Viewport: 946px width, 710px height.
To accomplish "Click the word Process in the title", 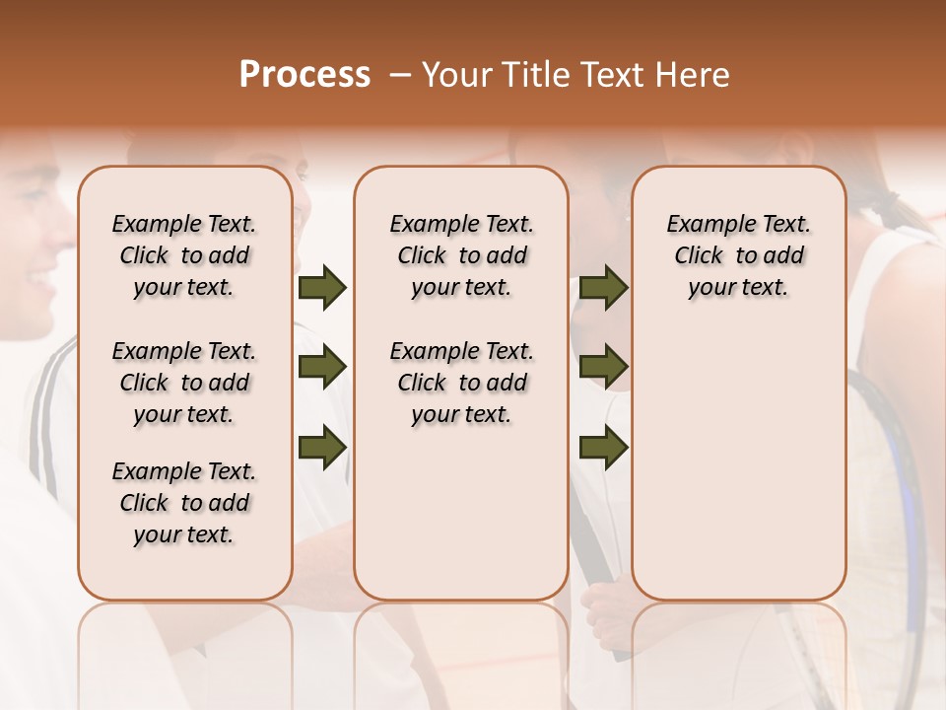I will coord(304,74).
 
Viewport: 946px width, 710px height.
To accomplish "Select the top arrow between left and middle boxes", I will coord(322,288).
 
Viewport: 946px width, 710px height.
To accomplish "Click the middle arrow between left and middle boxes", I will coord(322,367).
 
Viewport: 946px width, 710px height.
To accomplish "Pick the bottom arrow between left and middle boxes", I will coord(322,446).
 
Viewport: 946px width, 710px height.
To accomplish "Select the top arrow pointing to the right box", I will coord(604,288).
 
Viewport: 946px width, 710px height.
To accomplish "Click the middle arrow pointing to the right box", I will coord(604,367).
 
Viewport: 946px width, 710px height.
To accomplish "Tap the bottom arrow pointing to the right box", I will coord(604,446).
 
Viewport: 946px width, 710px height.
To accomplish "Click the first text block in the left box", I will coord(183,255).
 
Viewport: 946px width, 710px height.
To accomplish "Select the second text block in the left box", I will coord(183,383).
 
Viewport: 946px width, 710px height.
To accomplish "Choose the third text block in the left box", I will coord(183,503).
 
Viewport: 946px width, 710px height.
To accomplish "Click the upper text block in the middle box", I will coord(461,255).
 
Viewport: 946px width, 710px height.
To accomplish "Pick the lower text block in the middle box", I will coord(461,383).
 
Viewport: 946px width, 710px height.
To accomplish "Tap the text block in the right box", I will coord(738,255).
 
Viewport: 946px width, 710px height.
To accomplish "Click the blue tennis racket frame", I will coord(912,493).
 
